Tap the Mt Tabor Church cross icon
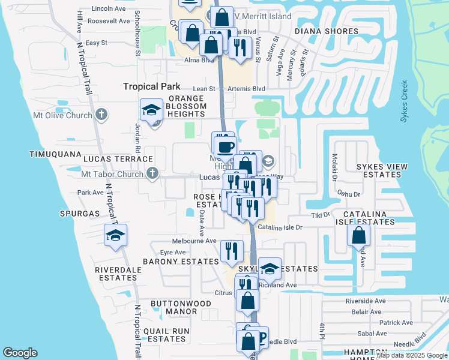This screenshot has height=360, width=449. (x=152, y=174)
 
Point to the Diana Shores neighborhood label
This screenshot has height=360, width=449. (x=327, y=31)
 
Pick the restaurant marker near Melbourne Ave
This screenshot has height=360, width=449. (x=231, y=250)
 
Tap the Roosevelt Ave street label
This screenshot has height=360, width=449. (x=109, y=21)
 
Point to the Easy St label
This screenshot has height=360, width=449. (x=96, y=43)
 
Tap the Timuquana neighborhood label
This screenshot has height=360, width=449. (x=55, y=154)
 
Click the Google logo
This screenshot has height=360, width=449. (x=20, y=353)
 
